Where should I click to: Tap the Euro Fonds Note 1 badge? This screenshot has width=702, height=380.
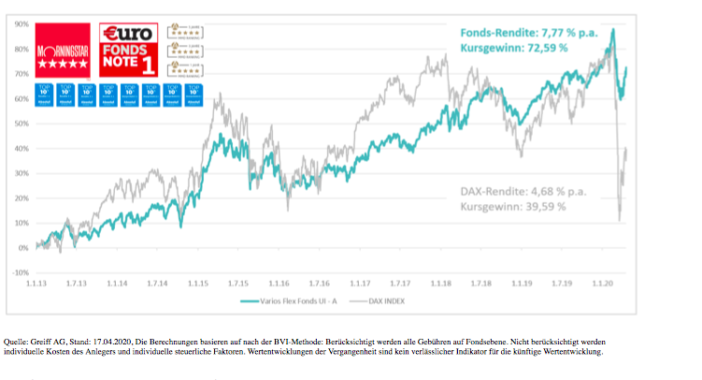click(130, 51)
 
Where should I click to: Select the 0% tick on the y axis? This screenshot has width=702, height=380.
click(23, 248)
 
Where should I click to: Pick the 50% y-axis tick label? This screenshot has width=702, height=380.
click(21, 124)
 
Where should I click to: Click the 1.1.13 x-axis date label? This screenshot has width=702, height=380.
click(36, 283)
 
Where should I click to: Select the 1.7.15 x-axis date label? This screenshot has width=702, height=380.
click(239, 283)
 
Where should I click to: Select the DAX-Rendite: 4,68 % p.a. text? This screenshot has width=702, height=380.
click(523, 191)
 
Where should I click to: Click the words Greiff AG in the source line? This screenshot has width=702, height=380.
click(44, 342)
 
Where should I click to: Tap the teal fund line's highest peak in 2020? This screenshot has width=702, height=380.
click(612, 29)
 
